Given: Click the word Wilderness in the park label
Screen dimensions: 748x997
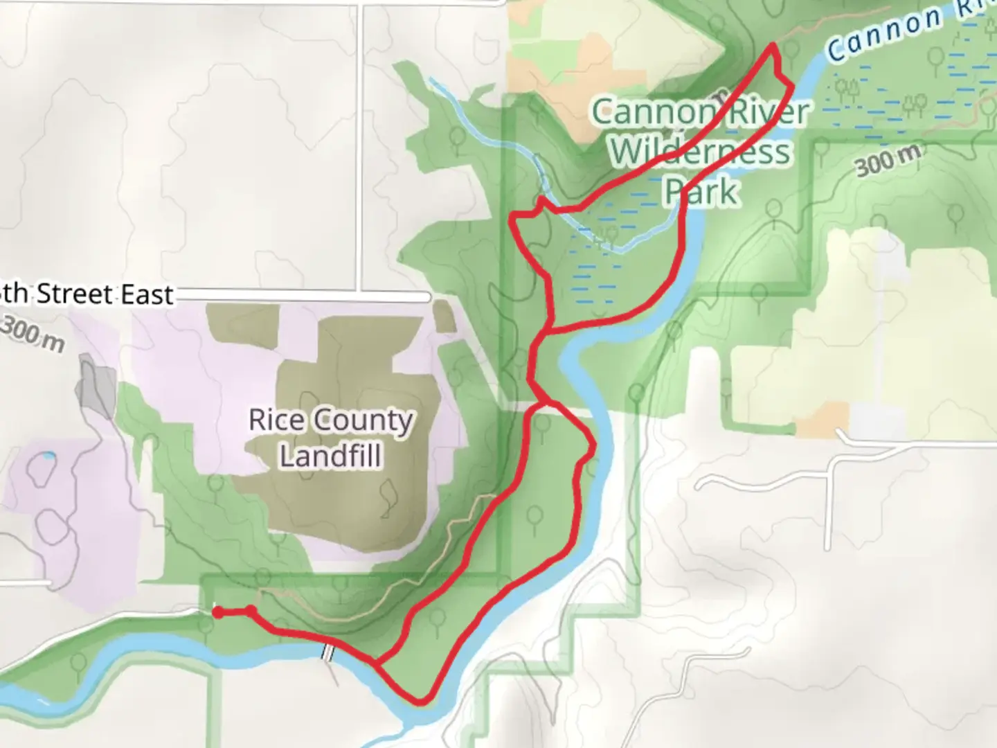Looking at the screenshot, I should [699, 151].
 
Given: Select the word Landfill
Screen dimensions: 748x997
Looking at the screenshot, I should [330, 456].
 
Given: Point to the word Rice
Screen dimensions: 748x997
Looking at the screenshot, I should [271, 420].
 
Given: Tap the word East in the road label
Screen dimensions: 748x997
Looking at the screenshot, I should [146, 295].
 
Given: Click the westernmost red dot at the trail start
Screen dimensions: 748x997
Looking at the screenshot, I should [217, 612].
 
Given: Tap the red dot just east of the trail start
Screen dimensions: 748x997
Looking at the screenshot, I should [251, 610].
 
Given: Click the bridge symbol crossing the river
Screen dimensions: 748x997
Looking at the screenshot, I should [329, 652].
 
